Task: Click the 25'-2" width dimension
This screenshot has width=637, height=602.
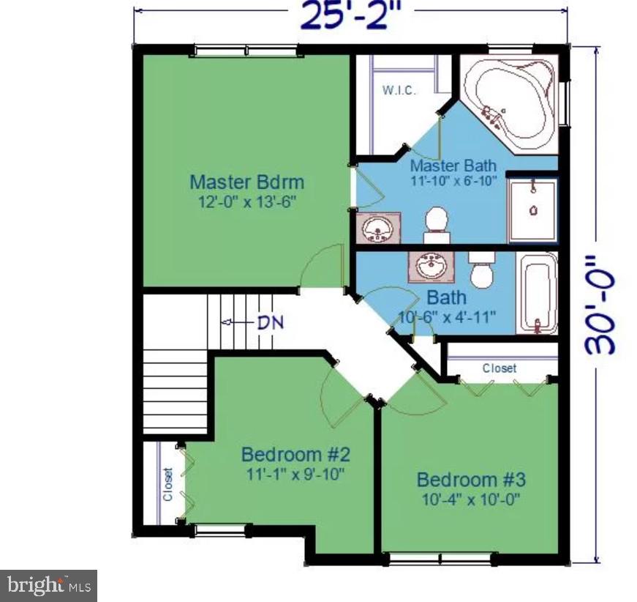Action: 350,16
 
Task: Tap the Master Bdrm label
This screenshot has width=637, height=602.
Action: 246,182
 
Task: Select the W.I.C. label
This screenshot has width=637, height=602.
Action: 399,91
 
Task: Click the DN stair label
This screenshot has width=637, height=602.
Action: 270,322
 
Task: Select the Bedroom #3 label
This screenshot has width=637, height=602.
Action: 471,480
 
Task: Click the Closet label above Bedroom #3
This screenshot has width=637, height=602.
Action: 499,368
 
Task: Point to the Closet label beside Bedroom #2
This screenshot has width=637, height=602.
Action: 167,484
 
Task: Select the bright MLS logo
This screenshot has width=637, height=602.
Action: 48,585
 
